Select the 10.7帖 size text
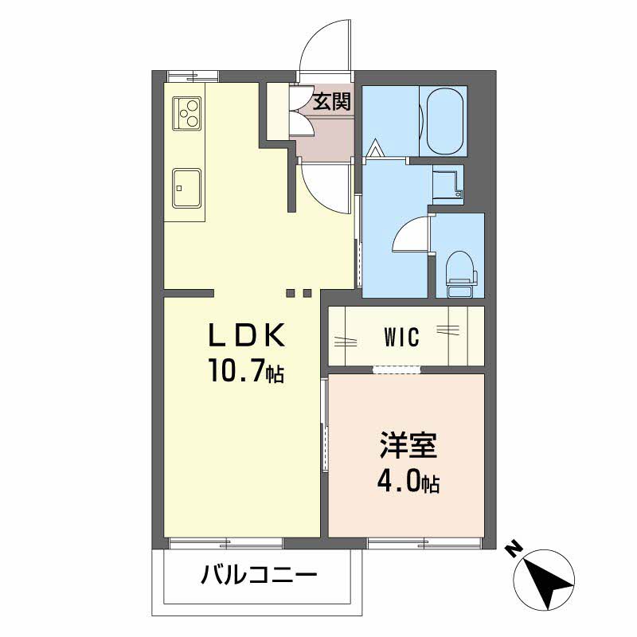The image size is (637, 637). click(x=246, y=371)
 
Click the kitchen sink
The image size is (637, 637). click(x=186, y=188)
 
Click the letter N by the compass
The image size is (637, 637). click(x=514, y=549)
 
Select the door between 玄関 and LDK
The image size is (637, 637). click(x=325, y=190)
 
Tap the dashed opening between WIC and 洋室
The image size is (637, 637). click(x=396, y=369)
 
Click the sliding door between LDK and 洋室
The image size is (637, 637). click(x=324, y=427)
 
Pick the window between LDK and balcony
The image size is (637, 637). click(x=226, y=543)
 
